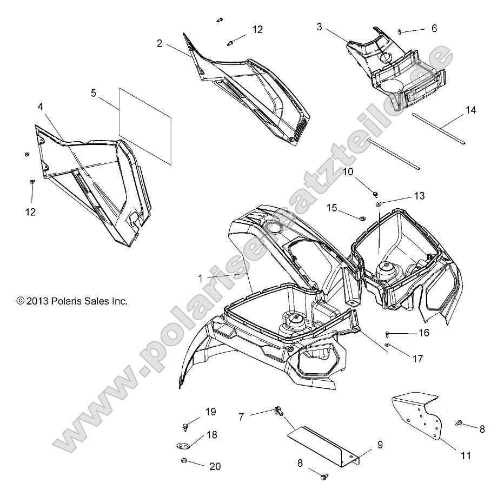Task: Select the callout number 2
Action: pyautogui.click(x=160, y=44)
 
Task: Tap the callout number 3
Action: pyautogui.click(x=320, y=27)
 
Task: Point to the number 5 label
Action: pyautogui.click(x=94, y=93)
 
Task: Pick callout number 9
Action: pyautogui.click(x=380, y=445)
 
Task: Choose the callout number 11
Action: pyautogui.click(x=466, y=455)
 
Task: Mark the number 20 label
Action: pyautogui.click(x=215, y=466)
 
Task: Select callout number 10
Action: pyautogui.click(x=348, y=171)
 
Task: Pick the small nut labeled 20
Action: pyautogui.click(x=183, y=461)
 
